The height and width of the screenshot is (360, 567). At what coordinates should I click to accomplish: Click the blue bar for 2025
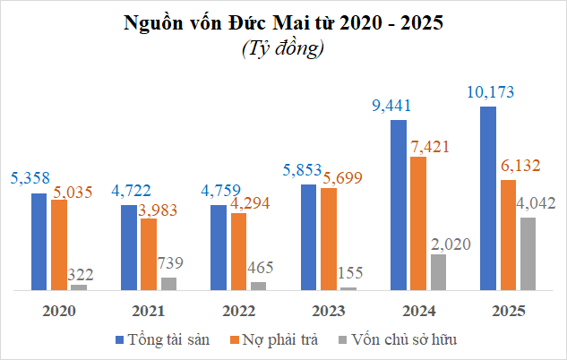pos(488,198)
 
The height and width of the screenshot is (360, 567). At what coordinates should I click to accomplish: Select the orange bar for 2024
pos(418,223)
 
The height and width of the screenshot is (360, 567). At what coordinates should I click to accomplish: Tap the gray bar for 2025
pos(528,253)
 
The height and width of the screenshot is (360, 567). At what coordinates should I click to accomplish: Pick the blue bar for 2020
pos(39,241)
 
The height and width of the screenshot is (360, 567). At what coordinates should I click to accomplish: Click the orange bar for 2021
pos(149,254)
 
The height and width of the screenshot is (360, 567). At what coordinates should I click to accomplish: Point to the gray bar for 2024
pos(438,272)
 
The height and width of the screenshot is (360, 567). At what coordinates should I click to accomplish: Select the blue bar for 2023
pos(308,236)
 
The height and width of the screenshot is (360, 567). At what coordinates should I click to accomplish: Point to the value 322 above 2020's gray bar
pos(81,274)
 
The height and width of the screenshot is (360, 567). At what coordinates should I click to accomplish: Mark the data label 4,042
pos(537,204)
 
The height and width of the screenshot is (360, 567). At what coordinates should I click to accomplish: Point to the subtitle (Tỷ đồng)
pos(283,49)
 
